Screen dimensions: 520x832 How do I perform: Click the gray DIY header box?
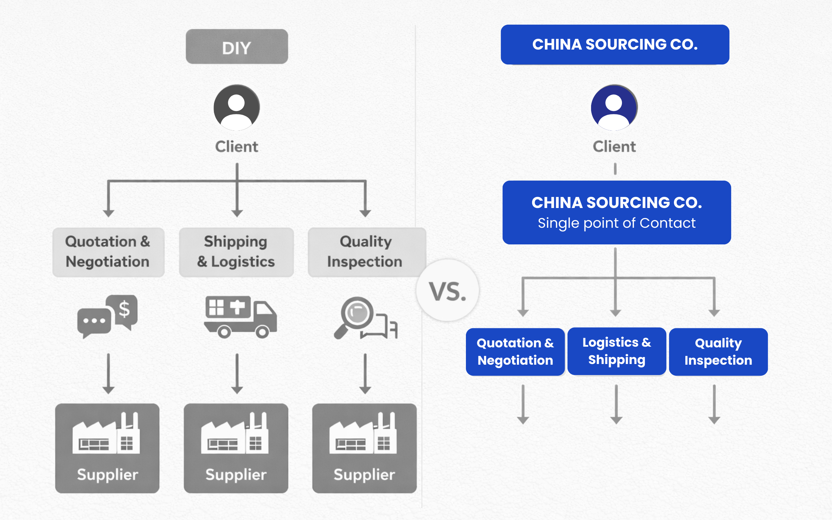(237, 47)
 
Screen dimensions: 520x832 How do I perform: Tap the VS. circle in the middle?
(447, 291)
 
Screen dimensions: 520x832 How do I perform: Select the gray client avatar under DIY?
(237, 107)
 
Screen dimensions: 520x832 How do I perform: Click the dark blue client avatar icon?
(614, 107)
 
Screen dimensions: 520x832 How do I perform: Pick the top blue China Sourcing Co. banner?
(615, 44)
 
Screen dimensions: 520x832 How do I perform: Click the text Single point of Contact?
(616, 223)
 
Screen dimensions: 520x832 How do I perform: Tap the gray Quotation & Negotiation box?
(108, 252)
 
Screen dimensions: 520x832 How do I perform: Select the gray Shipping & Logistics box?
(236, 252)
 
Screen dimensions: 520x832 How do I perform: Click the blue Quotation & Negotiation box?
(515, 352)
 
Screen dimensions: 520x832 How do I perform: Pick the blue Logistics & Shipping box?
(616, 351)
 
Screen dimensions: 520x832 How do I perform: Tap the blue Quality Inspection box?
(718, 352)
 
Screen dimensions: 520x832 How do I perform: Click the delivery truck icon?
(240, 317)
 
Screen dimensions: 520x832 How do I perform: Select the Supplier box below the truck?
(236, 448)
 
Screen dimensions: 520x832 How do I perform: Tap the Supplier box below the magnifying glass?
(364, 448)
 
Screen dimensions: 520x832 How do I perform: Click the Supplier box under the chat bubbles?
(107, 448)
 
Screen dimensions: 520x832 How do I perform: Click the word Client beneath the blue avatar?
(614, 147)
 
